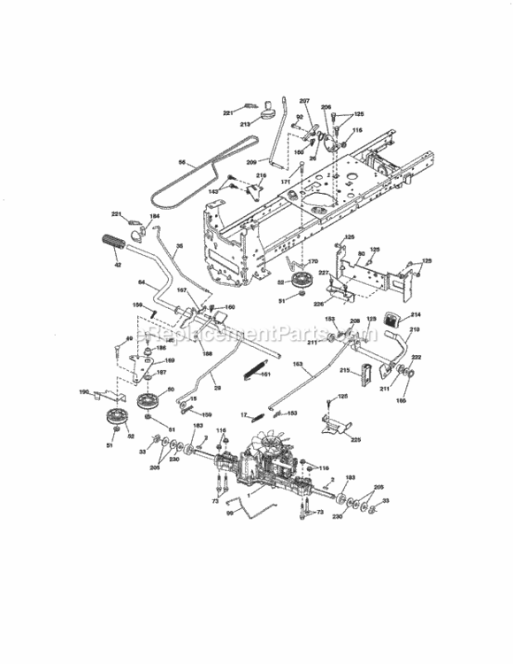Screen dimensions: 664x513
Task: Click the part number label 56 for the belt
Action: [x=181, y=162]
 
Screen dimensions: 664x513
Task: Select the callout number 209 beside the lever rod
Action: [x=251, y=162]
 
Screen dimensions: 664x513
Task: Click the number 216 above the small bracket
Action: [x=261, y=176]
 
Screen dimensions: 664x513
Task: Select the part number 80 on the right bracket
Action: [x=360, y=254]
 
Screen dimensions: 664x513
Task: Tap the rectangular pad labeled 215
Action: [x=364, y=372]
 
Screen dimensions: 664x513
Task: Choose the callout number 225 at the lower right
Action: [x=356, y=438]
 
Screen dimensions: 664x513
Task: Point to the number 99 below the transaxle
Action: [x=229, y=513]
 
